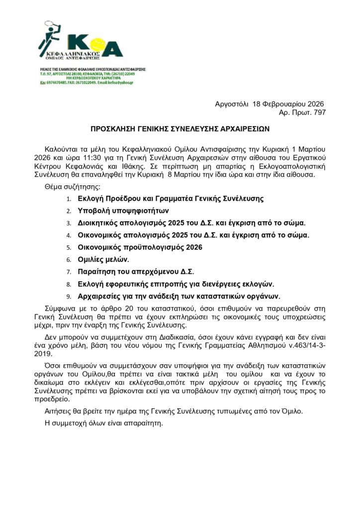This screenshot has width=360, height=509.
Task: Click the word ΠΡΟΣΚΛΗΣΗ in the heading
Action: coord(115,128)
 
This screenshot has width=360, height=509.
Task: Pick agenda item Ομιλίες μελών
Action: coord(104,259)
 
